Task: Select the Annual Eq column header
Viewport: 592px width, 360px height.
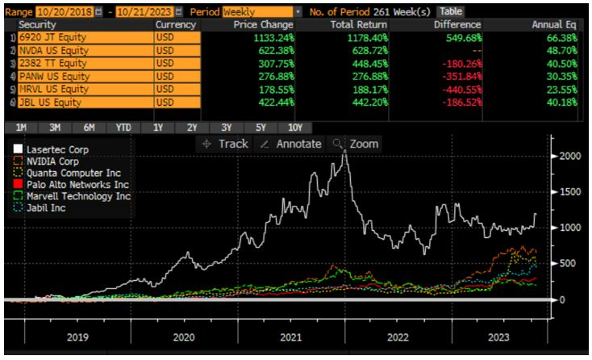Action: [x=550, y=26]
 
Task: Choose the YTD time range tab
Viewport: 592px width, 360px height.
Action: [x=123, y=128]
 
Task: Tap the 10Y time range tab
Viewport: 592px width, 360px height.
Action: [x=294, y=128]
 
